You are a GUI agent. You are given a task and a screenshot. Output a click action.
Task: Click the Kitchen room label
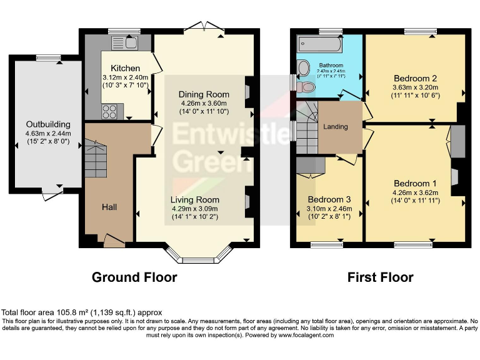click(125, 68)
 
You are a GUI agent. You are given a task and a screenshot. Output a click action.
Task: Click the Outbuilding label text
click(48, 124)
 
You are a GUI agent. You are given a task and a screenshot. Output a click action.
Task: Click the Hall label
click(110, 206)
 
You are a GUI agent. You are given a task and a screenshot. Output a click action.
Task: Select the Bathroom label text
click(331, 65)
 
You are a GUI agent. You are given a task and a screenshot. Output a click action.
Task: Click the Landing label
click(335, 127)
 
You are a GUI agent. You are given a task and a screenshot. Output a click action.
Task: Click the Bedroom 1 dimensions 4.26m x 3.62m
click(416, 192)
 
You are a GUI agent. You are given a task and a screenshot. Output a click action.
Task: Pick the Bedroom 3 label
click(328, 199)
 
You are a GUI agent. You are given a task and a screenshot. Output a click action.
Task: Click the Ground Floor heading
click(134, 277)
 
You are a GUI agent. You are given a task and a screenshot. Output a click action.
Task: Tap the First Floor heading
click(380, 277)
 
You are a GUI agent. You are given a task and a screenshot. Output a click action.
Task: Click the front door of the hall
click(113, 240)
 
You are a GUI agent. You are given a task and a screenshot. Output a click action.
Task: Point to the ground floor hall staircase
click(97, 159)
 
